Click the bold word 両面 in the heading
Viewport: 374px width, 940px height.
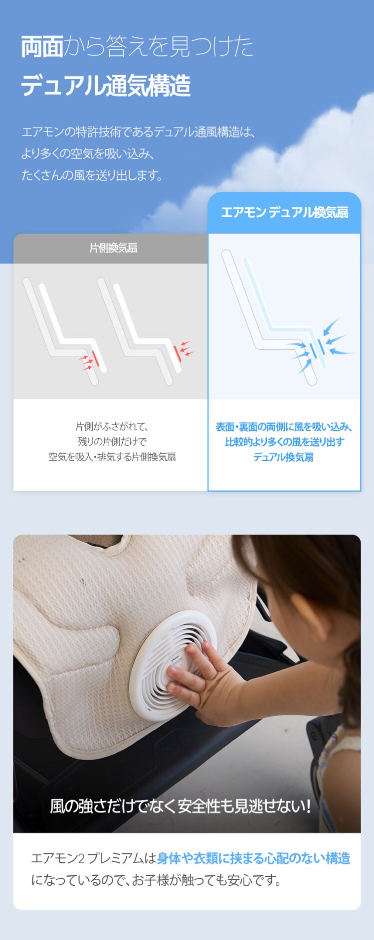tap(42, 47)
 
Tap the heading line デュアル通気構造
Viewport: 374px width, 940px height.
tap(106, 85)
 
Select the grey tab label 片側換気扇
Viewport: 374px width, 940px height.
tap(113, 248)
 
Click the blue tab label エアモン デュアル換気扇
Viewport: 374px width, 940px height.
tap(285, 213)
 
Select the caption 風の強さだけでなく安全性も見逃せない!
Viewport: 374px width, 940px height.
tap(181, 806)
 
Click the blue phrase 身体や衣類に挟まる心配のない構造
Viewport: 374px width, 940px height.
tap(254, 858)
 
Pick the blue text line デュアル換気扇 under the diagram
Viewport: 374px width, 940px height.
tap(283, 457)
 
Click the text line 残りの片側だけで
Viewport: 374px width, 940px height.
tap(112, 441)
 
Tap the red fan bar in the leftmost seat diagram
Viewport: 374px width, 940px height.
tap(96, 358)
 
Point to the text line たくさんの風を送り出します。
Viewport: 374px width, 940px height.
tap(92, 175)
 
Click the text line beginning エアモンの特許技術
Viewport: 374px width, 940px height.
tap(139, 132)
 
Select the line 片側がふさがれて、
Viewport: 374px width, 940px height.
tap(112, 426)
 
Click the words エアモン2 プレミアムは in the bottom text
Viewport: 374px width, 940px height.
tap(94, 858)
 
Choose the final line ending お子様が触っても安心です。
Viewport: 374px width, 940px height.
tap(156, 880)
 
